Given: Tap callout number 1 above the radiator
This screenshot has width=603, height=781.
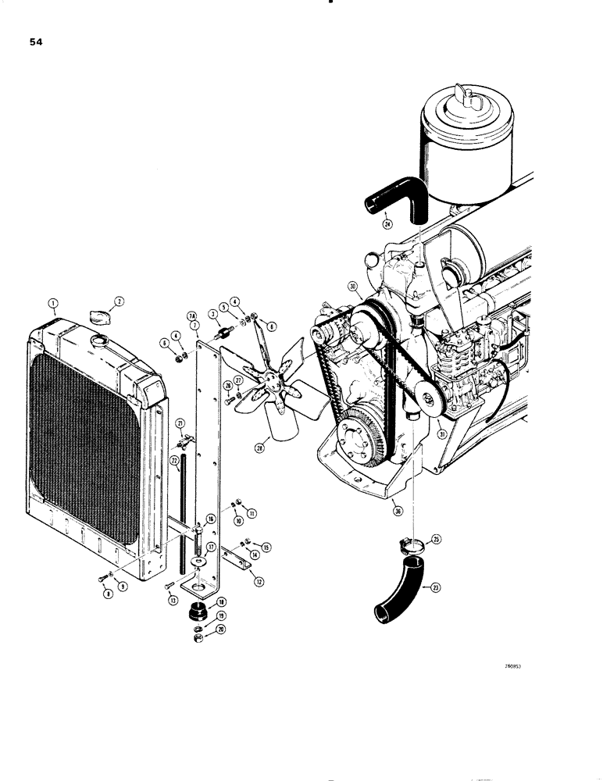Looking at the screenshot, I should [x=53, y=302].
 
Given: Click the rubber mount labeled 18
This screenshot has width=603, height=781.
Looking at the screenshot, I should [x=198, y=609].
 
